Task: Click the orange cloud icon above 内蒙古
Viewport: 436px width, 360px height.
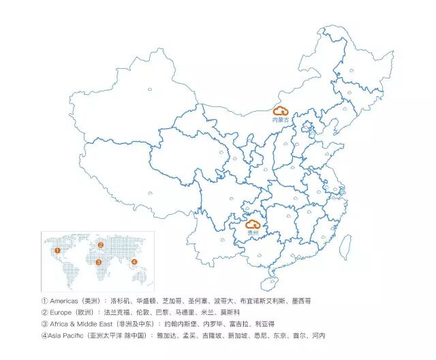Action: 281,110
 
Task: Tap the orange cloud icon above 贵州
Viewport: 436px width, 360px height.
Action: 253,224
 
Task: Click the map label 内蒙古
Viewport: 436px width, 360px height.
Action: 281,120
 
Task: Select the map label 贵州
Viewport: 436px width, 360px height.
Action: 253,233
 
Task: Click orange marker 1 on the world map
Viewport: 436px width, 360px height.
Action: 58,250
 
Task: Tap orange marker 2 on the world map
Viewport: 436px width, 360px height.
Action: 100,245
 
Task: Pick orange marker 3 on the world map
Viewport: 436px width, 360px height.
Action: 99,262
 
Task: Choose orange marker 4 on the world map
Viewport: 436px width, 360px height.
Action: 134,262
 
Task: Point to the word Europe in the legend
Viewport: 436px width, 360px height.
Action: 62,312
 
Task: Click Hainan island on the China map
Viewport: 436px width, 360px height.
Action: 268,282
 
